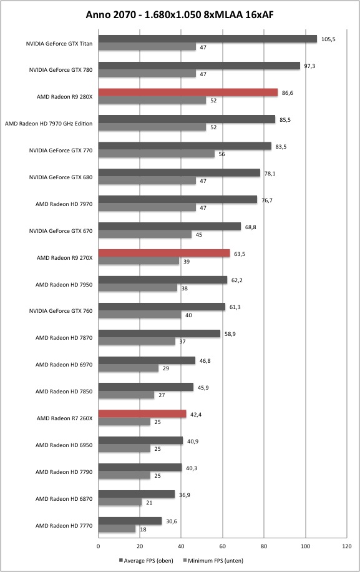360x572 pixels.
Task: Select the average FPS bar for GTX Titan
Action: tap(208, 39)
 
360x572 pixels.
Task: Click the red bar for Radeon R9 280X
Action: tap(188, 92)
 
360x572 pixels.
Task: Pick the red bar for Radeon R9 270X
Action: tap(164, 254)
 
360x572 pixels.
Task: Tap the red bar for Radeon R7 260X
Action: tap(142, 414)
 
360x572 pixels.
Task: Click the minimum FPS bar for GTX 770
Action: tap(157, 154)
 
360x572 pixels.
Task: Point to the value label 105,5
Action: tap(328, 39)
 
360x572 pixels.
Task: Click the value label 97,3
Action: tap(309, 66)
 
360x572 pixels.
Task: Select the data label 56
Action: tap(221, 154)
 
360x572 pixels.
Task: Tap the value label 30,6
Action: tap(171, 521)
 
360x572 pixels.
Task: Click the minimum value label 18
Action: tap(143, 530)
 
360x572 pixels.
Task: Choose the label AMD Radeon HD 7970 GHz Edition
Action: tap(49, 124)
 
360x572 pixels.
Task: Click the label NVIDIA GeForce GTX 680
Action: tap(61, 177)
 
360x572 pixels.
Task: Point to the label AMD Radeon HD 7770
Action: tap(64, 526)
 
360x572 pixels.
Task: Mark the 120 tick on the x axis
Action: tap(347, 546)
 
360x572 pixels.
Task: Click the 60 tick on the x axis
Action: tap(223, 546)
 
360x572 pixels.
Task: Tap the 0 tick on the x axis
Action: tap(99, 546)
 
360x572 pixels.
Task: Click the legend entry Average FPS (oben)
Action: tap(146, 560)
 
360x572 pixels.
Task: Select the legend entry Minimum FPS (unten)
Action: tap(213, 560)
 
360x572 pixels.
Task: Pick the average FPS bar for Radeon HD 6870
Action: tap(137, 495)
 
